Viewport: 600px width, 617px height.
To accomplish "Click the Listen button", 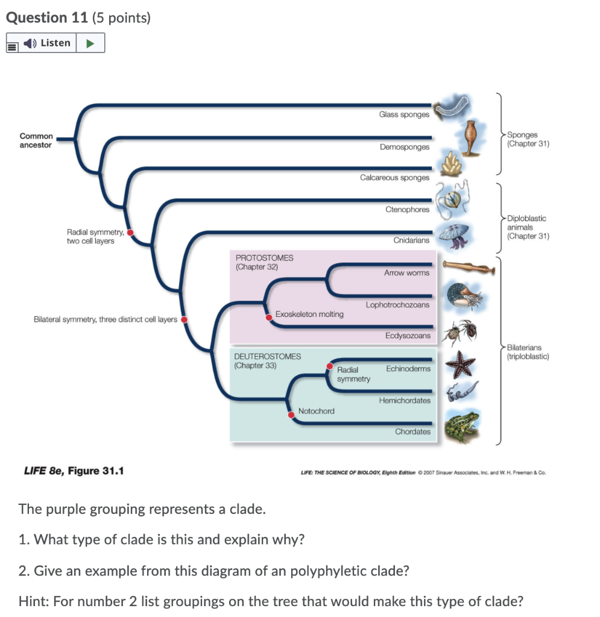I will tap(48, 43).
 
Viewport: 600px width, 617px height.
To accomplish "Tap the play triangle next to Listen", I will tap(90, 43).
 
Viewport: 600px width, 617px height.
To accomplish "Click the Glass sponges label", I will tap(404, 114).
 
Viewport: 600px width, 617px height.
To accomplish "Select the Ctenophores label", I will tap(408, 210).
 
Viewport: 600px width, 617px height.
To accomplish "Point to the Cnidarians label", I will tap(411, 240).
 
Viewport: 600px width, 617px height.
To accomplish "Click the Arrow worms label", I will tap(406, 273).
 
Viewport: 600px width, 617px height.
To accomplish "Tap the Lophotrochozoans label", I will tap(397, 305).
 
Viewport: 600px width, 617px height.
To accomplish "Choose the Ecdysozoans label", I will tap(408, 336).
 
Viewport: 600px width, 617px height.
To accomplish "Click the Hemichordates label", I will tap(405, 401).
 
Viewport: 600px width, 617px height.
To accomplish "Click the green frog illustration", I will tap(462, 426).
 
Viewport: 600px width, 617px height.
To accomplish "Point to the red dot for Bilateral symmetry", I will tap(185, 319).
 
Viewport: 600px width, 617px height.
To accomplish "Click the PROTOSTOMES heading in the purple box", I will tap(264, 258).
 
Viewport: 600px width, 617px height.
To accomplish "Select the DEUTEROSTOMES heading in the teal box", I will tap(267, 357).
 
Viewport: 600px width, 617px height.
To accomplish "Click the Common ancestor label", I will tap(36, 140).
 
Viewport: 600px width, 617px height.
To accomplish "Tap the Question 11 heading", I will tap(46, 18).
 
